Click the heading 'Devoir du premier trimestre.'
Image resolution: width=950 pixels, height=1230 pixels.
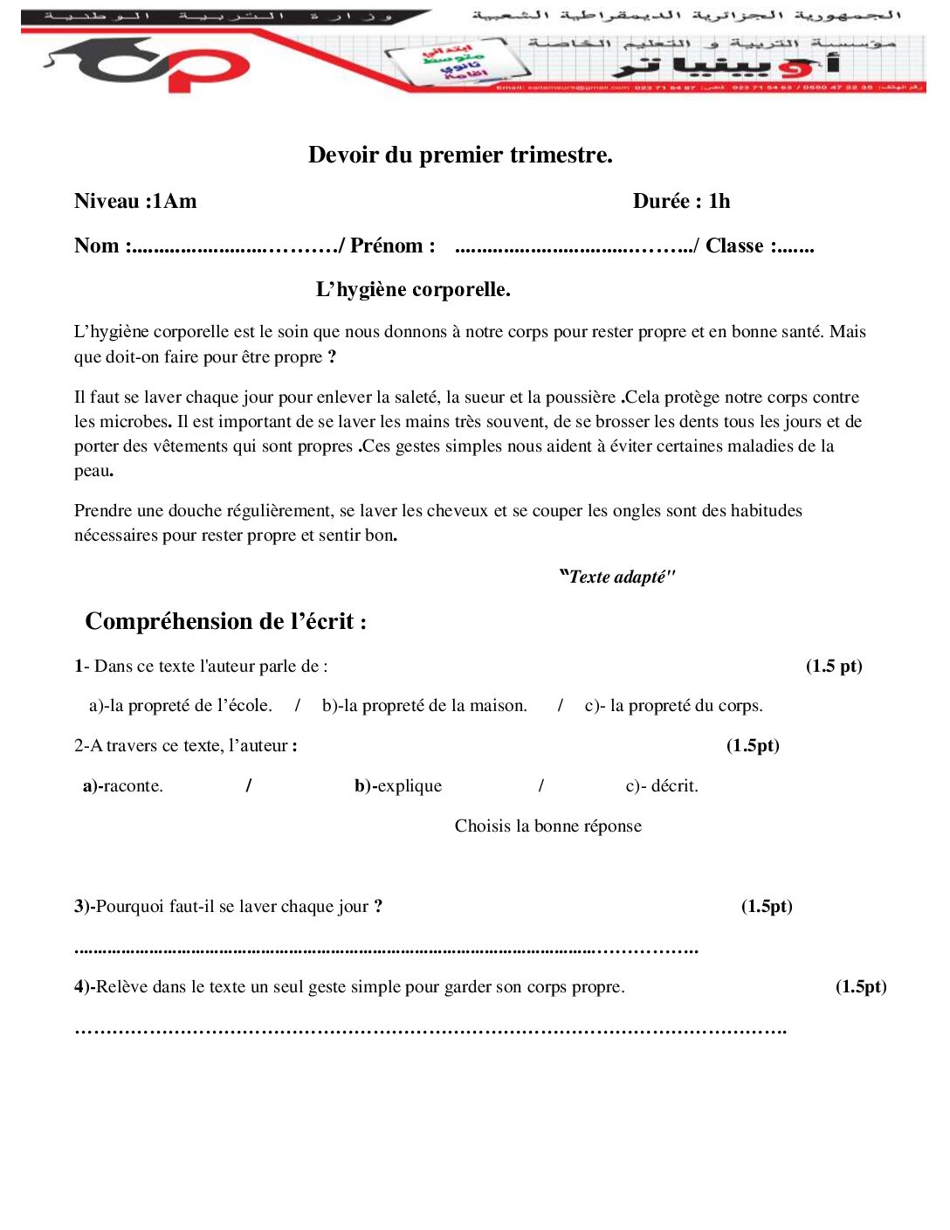(460, 155)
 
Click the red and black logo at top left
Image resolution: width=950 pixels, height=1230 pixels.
(148, 65)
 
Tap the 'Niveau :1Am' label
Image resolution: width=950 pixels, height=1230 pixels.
(135, 201)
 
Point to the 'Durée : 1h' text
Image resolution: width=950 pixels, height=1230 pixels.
(681, 201)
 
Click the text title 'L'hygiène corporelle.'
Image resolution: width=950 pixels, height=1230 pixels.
(413, 289)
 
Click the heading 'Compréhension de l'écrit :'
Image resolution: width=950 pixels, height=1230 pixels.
(225, 621)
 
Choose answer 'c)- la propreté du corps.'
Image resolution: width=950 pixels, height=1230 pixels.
(673, 705)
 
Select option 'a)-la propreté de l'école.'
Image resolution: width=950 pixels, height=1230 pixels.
(181, 705)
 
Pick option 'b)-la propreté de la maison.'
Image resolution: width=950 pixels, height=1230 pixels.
(424, 705)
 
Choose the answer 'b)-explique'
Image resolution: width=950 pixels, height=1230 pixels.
(398, 785)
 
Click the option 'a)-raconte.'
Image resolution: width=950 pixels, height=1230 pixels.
(123, 785)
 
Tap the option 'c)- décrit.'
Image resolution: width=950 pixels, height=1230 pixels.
(662, 785)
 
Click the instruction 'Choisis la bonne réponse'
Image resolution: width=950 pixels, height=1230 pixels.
(547, 826)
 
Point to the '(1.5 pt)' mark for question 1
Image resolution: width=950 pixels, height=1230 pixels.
(834, 666)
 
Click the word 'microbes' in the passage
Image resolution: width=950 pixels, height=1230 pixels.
(132, 421)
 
